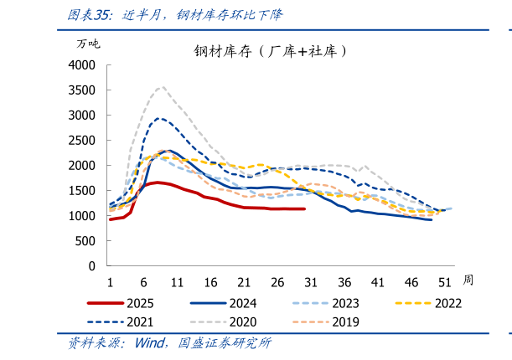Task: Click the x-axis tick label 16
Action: click(x=210, y=281)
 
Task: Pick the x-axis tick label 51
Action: click(x=445, y=281)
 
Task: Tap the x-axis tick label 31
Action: click(x=311, y=281)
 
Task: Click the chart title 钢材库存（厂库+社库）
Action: click(x=271, y=51)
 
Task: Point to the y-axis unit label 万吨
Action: click(x=88, y=43)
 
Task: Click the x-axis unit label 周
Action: click(x=468, y=280)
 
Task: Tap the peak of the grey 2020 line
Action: click(x=161, y=86)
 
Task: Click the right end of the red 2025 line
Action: click(x=304, y=209)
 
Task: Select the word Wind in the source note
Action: click(x=150, y=343)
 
